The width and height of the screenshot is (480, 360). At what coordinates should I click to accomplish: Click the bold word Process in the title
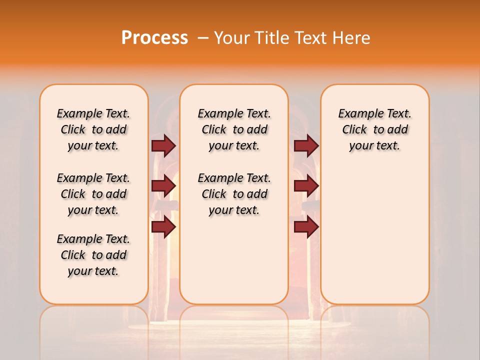(x=154, y=37)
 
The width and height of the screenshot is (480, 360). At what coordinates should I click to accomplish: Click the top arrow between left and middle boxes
(x=163, y=145)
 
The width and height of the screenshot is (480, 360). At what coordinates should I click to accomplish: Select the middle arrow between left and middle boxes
(x=163, y=186)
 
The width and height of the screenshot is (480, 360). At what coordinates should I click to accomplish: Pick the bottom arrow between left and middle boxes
(x=163, y=226)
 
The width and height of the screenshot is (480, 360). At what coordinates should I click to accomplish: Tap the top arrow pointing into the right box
(x=306, y=145)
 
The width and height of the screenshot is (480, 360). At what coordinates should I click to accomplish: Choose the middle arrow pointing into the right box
(x=306, y=186)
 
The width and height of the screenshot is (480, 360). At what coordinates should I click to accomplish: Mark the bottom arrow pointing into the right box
(x=306, y=226)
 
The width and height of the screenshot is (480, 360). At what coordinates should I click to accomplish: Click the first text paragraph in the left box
(x=93, y=129)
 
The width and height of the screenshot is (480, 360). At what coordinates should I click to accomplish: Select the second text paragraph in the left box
(x=93, y=194)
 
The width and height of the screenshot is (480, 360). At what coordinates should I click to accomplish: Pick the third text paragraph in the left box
(x=93, y=255)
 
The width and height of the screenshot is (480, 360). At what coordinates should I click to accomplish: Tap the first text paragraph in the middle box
(x=234, y=129)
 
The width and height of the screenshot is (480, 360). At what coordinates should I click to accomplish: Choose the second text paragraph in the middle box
(x=234, y=194)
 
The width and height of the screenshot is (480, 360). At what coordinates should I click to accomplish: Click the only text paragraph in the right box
(x=374, y=129)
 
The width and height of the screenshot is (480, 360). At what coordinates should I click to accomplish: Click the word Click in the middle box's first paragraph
(x=214, y=130)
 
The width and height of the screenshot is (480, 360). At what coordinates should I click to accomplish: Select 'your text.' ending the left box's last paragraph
(x=93, y=271)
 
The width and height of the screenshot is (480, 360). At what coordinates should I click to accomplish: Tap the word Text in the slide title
(x=309, y=37)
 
